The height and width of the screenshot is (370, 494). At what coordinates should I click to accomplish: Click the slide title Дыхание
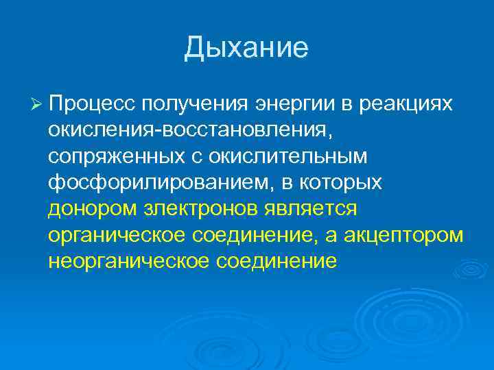click(246, 49)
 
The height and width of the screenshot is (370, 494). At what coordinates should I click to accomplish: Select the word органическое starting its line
click(119, 235)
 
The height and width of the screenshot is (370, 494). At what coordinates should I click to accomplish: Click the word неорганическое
click(130, 262)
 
